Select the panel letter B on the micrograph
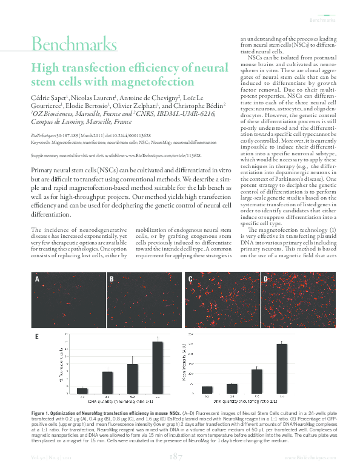[x=111, y=279]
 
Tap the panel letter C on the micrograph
[x=190, y=279]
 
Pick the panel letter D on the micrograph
[x=265, y=279]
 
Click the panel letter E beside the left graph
[x=38, y=335]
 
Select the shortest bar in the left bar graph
[x=82, y=390]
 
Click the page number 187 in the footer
[x=177, y=456]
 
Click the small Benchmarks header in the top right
[x=322, y=20]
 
